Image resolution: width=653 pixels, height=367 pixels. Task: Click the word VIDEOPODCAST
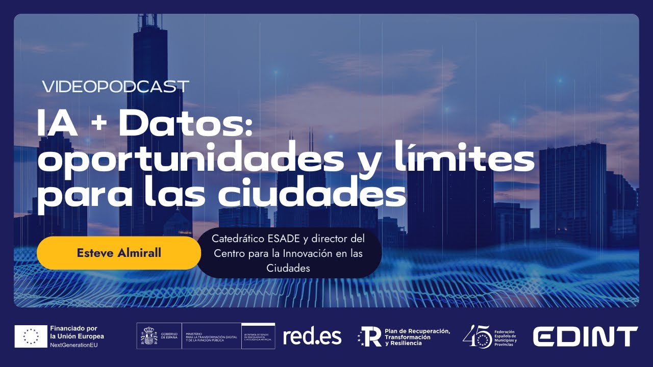coord(115,87)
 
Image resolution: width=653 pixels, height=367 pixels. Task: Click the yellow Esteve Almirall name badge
coord(119,253)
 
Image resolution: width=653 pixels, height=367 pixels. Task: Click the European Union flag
coord(31,336)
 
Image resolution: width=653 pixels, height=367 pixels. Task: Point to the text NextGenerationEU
coord(73,345)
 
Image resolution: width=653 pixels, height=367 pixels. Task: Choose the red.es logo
coord(312,336)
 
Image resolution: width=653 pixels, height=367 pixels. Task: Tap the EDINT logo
coord(585,336)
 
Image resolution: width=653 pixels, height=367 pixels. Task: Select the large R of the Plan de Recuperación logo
coord(373,337)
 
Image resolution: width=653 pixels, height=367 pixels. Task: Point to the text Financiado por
coord(73,328)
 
